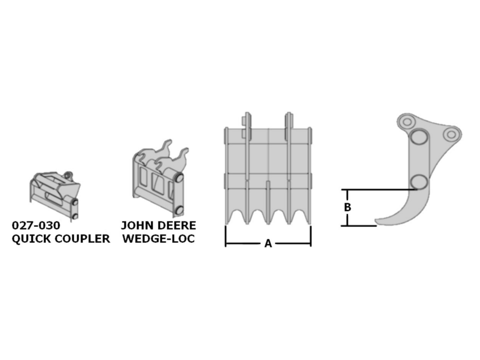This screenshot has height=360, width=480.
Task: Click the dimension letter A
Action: click(x=268, y=244)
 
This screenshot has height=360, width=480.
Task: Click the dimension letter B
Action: click(x=347, y=207)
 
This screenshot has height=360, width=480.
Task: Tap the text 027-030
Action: click(x=36, y=225)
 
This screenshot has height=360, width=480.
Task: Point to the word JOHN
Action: click(x=135, y=225)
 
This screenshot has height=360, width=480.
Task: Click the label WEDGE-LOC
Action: click(x=158, y=239)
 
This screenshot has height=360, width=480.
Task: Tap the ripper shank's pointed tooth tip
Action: click(x=376, y=221)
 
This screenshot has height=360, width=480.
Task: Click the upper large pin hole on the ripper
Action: click(x=419, y=136)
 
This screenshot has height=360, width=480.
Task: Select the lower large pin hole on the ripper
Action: click(x=419, y=182)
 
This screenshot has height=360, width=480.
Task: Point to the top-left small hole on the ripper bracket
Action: click(x=407, y=122)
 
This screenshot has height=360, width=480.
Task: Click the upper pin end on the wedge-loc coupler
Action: click(x=179, y=178)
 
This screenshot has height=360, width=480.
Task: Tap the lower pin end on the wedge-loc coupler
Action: click(x=179, y=210)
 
